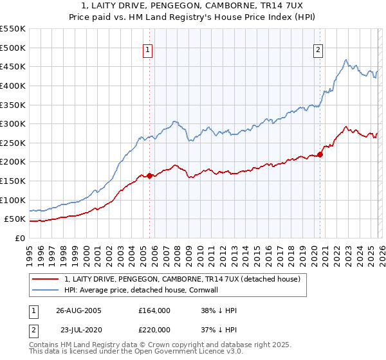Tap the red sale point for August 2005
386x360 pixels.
click(149, 175)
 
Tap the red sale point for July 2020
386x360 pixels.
click(320, 154)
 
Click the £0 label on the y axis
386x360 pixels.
click(19, 239)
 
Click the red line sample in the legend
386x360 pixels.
click(46, 279)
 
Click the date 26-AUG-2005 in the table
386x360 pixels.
click(78, 310)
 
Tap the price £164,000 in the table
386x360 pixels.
click(154, 310)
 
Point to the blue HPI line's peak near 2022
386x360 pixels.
click(346, 60)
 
